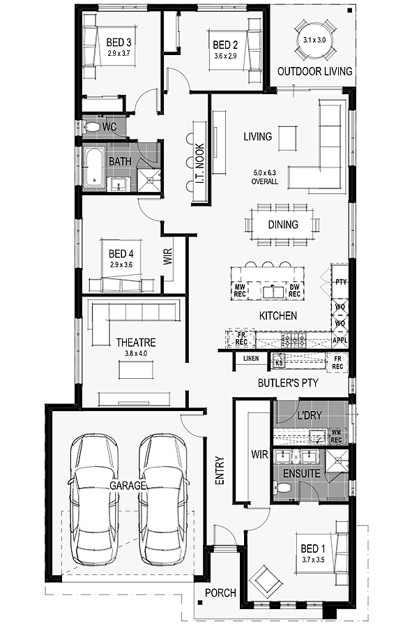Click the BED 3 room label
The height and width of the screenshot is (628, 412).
(119, 42)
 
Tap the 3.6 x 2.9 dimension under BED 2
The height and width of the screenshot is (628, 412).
(225, 56)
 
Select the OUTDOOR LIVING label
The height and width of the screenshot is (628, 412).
(315, 71)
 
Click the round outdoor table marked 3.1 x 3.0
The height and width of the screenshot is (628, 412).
(314, 40)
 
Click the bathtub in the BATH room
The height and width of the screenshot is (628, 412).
(94, 167)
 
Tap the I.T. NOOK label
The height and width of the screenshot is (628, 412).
(200, 163)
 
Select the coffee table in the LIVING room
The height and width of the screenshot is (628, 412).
(288, 138)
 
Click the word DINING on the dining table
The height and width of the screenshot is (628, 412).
(283, 224)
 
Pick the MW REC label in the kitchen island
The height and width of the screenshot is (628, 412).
(240, 290)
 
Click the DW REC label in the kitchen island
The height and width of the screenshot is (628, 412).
(294, 290)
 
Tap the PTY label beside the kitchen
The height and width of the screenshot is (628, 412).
(341, 282)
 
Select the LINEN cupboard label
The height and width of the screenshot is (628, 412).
(251, 359)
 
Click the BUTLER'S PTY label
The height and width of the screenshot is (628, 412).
(288, 383)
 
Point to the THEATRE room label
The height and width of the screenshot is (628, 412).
(136, 343)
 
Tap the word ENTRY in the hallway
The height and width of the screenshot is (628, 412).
(220, 471)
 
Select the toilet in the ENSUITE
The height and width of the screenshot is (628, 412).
(283, 488)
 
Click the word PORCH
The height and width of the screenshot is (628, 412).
(220, 592)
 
